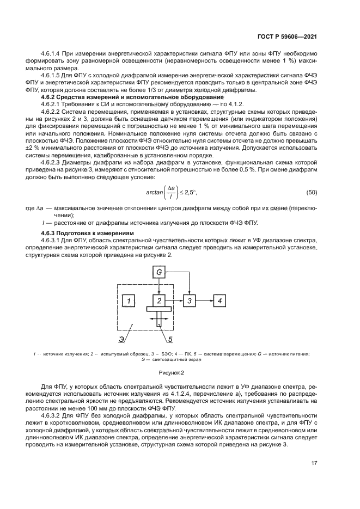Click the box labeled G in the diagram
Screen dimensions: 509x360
click(x=159, y=271)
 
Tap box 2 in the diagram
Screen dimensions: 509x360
click(x=159, y=300)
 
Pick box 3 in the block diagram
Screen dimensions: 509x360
click(x=189, y=300)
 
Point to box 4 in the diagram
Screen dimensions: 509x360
click(x=219, y=300)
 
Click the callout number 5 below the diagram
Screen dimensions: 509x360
click(x=169, y=340)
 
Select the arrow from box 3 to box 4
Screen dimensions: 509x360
click(x=204, y=300)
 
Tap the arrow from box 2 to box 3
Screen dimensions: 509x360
click(x=174, y=300)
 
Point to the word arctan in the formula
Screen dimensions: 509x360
click(x=156, y=193)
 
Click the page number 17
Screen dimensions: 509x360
click(x=314, y=463)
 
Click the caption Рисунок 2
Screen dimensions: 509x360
click(x=172, y=372)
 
